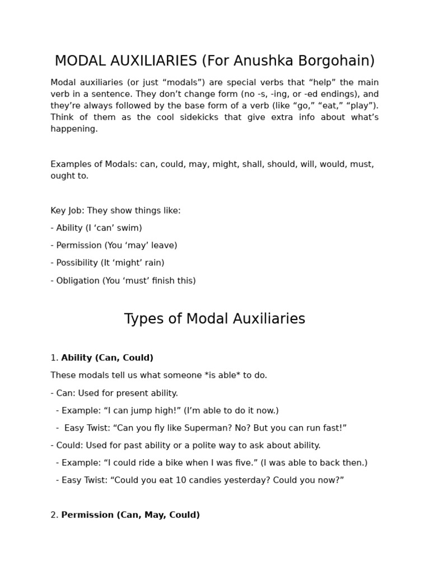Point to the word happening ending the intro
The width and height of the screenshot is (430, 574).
(x=73, y=129)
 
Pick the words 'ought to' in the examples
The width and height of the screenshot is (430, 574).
(x=69, y=176)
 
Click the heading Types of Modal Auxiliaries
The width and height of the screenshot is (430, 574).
(x=214, y=319)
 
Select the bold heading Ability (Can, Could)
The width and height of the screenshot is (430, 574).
(x=107, y=358)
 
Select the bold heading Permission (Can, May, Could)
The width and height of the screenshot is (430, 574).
(x=130, y=515)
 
